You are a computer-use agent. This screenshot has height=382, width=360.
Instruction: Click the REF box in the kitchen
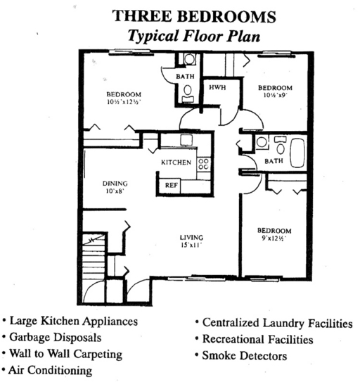tap(172, 184)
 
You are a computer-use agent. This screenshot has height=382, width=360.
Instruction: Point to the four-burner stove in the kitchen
tap(203, 164)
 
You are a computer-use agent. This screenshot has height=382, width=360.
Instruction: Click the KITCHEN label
tap(176, 163)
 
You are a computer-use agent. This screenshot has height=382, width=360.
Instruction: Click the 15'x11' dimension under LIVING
tap(190, 247)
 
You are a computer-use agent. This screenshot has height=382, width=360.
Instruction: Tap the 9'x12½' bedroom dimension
tap(274, 239)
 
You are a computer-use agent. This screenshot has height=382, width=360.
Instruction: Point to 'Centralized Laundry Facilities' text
tap(276, 324)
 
